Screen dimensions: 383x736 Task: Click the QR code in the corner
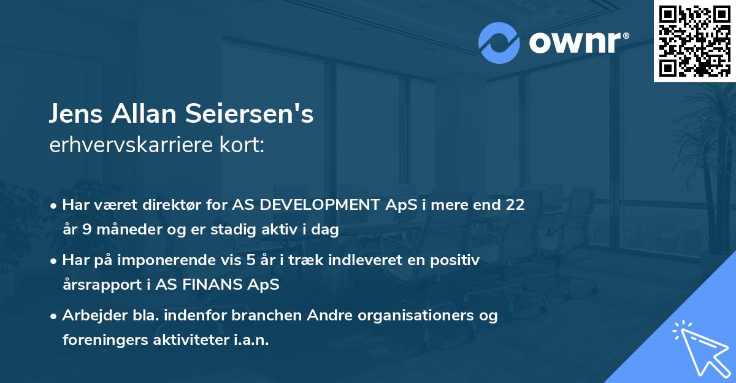(695, 41)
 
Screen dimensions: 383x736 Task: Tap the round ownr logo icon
(499, 43)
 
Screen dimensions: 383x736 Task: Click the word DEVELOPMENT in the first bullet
(319, 205)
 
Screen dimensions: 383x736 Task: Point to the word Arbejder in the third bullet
(91, 315)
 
